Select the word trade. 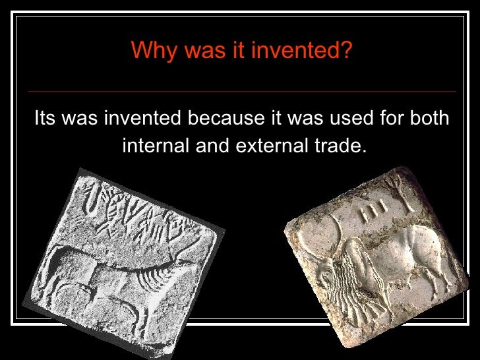pos(340,144)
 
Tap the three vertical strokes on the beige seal pos(371,209)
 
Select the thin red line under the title pos(242,91)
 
